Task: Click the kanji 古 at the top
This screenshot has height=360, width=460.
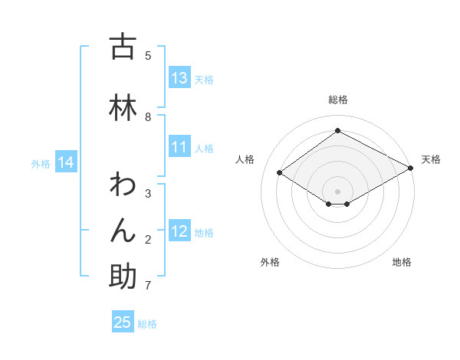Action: pyautogui.click(x=123, y=47)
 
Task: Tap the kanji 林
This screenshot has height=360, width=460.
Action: pyautogui.click(x=123, y=108)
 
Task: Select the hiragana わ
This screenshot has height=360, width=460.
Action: pyautogui.click(x=123, y=185)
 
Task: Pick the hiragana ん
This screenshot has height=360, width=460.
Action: pyautogui.click(x=123, y=231)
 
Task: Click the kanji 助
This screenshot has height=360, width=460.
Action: pyautogui.click(x=123, y=277)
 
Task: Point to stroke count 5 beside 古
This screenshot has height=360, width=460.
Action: pyautogui.click(x=148, y=55)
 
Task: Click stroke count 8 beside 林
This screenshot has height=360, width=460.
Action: pyautogui.click(x=148, y=116)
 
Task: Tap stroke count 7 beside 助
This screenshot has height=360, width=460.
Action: pyautogui.click(x=148, y=286)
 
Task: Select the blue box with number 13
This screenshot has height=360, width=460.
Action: pyautogui.click(x=179, y=78)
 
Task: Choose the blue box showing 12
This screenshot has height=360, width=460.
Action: pyautogui.click(x=179, y=231)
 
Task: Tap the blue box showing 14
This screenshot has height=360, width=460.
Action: pyautogui.click(x=66, y=162)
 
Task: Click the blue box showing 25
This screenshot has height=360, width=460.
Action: pyautogui.click(x=123, y=322)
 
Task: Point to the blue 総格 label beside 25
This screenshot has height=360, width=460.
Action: pyautogui.click(x=147, y=324)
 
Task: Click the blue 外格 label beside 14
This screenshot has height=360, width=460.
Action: pyautogui.click(x=41, y=163)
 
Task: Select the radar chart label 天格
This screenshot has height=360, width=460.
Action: pyautogui.click(x=431, y=159)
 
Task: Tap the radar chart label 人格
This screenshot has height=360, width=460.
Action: pyautogui.click(x=245, y=159)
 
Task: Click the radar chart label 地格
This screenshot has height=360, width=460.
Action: pyautogui.click(x=402, y=262)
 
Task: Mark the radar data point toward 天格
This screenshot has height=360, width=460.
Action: pyautogui.click(x=411, y=169)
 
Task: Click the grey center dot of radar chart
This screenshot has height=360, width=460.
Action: pyautogui.click(x=337, y=191)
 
